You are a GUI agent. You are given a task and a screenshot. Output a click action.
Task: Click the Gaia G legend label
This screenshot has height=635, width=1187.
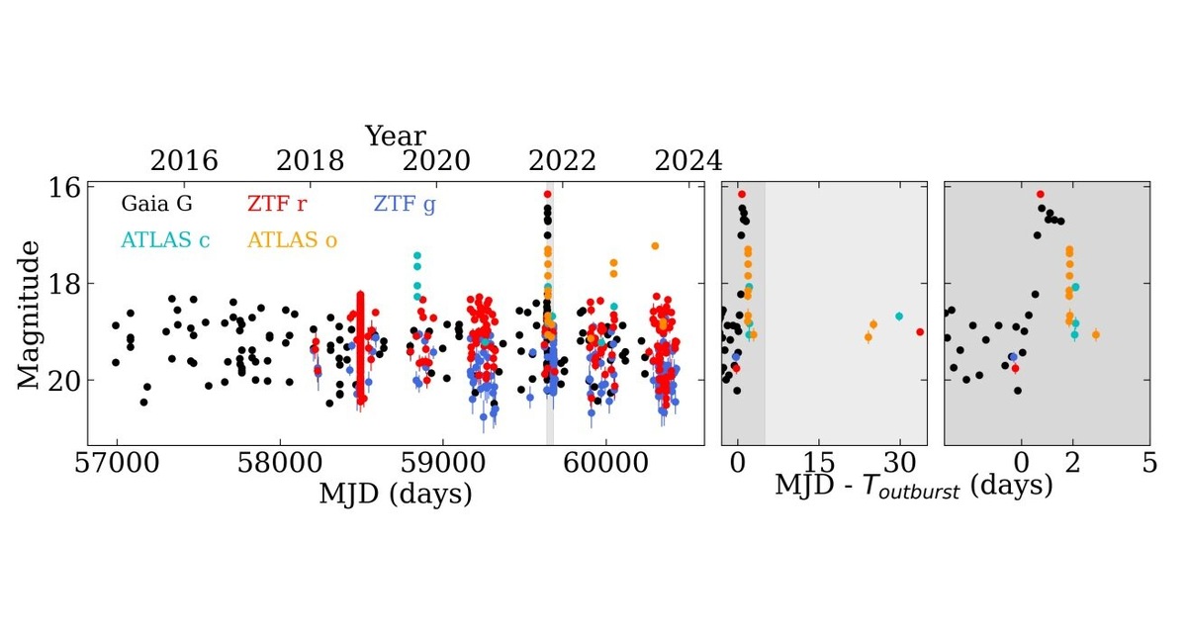pyautogui.click(x=156, y=205)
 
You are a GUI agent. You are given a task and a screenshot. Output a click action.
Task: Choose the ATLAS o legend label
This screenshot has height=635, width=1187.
pyautogui.click(x=292, y=239)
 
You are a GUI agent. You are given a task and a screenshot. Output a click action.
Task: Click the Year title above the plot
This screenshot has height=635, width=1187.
pyautogui.click(x=395, y=136)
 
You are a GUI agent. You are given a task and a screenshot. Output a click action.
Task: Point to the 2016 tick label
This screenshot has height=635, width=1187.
pyautogui.click(x=184, y=161)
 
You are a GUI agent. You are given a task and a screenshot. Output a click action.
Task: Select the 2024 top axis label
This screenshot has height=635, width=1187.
pyautogui.click(x=688, y=161)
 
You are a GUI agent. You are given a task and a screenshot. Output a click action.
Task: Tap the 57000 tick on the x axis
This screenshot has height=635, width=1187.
pyautogui.click(x=117, y=464)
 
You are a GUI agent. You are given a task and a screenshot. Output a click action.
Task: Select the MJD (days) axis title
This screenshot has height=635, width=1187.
pyautogui.click(x=395, y=493)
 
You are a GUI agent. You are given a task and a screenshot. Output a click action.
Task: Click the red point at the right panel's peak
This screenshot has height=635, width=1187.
pyautogui.click(x=1040, y=195)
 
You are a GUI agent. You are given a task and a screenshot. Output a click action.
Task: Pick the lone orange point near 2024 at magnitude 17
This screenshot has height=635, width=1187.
pyautogui.click(x=654, y=246)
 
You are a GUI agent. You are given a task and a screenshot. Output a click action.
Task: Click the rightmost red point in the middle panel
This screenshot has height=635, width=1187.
pyautogui.click(x=920, y=332)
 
